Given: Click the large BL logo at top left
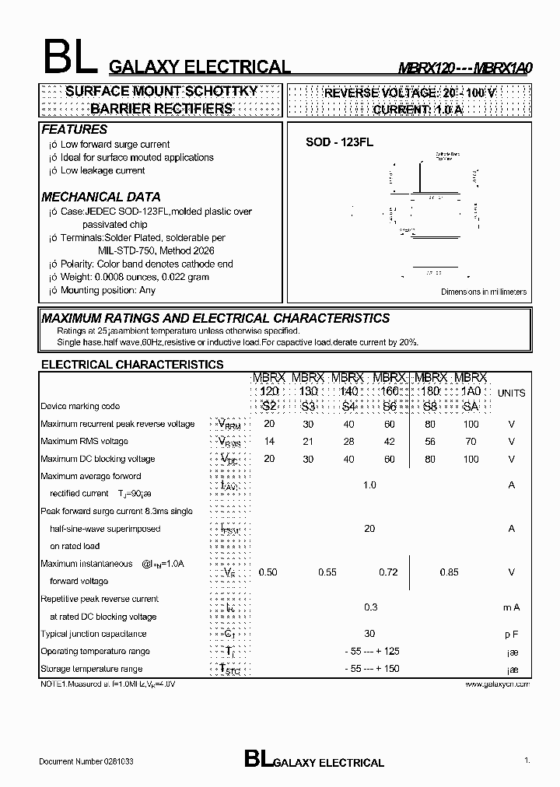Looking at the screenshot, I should (68, 57).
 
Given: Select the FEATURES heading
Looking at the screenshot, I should (74, 129).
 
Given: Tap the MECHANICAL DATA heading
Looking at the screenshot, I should (100, 197).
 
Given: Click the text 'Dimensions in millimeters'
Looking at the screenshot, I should (484, 292).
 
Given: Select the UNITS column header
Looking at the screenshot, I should (511, 393).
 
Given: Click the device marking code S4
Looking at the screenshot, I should (348, 407).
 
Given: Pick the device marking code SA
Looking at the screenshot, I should (471, 407).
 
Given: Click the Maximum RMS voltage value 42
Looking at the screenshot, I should (389, 442).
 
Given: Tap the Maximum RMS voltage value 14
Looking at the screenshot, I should (269, 442).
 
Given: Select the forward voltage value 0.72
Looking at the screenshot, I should (388, 572).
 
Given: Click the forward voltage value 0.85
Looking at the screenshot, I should (449, 572).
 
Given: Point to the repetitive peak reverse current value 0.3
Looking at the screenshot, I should (370, 607).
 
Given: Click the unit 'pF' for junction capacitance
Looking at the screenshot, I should (511, 634).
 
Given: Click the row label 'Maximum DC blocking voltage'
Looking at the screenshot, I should (97, 459).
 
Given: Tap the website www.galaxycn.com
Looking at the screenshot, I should (498, 684).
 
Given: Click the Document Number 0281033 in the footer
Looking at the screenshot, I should (86, 762).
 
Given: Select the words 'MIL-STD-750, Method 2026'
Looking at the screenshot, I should (156, 250).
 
